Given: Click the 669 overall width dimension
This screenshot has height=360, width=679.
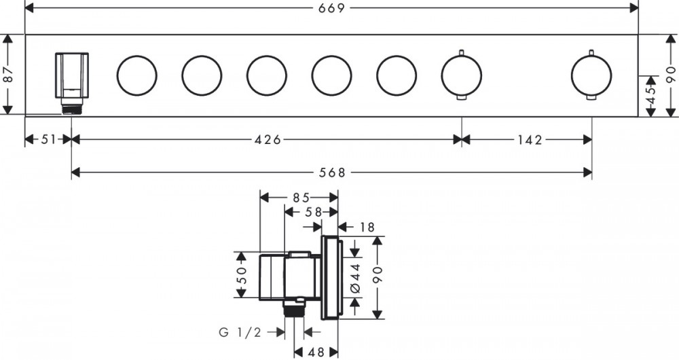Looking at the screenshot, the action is [x=332, y=7].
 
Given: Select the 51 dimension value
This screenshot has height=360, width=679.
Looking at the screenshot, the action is [x=48, y=139].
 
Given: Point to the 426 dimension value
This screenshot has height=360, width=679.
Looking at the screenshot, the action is [x=268, y=139].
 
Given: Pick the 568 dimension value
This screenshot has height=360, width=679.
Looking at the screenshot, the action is [x=332, y=173].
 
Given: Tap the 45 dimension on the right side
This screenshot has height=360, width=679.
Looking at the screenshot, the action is [x=651, y=96].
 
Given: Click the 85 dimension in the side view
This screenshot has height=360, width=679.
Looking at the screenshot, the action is [x=301, y=198].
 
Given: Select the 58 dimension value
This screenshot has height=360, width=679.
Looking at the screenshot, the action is [x=313, y=212].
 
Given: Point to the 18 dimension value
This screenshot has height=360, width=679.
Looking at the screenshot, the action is [x=367, y=227].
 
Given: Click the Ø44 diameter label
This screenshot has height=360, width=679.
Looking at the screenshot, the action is [x=356, y=278].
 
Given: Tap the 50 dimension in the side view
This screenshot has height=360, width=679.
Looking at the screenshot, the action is [x=242, y=274].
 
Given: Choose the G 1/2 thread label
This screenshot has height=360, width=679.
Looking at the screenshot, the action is [x=240, y=332].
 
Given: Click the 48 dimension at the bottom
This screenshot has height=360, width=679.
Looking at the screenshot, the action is [x=316, y=353].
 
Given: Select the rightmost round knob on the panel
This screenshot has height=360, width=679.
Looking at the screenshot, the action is [x=591, y=75].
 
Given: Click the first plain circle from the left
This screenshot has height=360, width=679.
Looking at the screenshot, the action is [x=137, y=75].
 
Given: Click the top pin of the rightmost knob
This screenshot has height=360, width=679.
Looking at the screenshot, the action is [x=591, y=53].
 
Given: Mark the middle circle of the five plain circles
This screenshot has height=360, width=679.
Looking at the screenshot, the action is [x=267, y=75].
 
